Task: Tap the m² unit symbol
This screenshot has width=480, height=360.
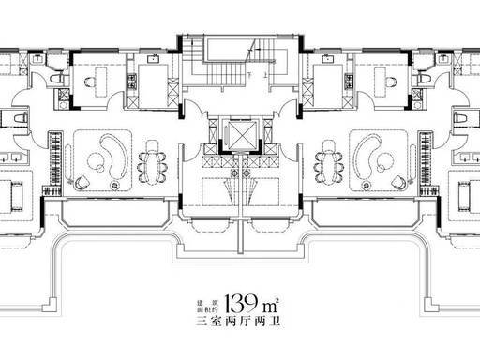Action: click(271, 306)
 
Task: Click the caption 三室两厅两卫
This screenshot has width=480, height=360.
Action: click(238, 322)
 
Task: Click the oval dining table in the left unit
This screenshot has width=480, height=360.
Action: click(152, 161)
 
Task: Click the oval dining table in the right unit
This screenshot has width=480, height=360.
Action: click(328, 161)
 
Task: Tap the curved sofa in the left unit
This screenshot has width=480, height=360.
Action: click(114, 157)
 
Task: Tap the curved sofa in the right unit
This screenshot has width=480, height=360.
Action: click(366, 157)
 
